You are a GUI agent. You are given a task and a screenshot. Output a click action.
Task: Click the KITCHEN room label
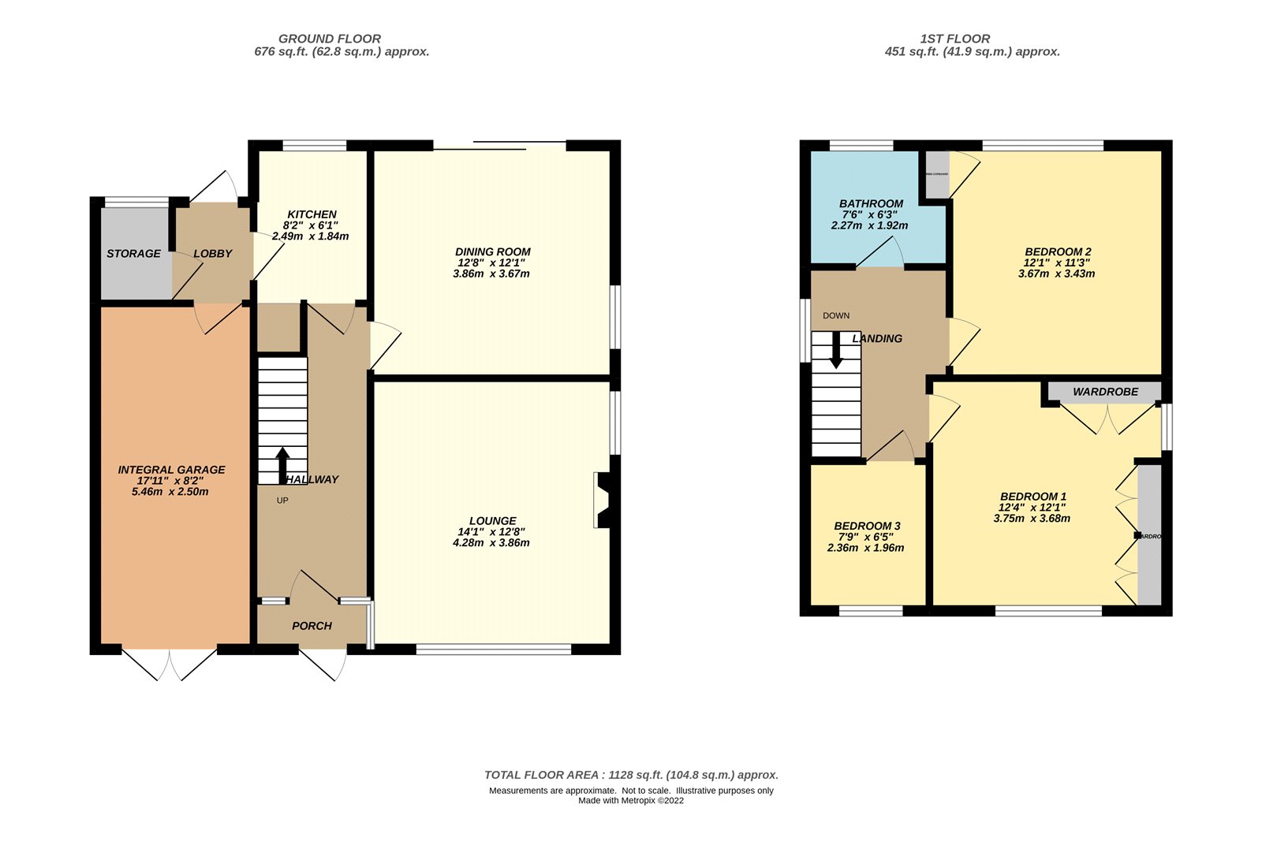(312, 214)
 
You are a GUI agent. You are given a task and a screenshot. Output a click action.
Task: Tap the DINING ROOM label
(492, 252)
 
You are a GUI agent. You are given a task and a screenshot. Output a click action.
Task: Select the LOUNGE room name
(492, 521)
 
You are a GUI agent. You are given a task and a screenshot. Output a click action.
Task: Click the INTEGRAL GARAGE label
(171, 470)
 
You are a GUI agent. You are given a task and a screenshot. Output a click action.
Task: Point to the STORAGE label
(133, 254)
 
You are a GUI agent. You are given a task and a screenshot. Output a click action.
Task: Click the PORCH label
(312, 626)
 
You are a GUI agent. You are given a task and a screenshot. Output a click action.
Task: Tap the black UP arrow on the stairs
(282, 464)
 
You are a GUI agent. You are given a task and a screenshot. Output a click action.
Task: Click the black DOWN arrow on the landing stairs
(836, 352)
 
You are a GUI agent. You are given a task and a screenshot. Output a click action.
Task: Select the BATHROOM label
(871, 203)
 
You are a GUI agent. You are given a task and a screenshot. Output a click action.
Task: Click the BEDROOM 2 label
(1058, 252)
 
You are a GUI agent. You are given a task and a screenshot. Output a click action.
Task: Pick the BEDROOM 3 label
(867, 526)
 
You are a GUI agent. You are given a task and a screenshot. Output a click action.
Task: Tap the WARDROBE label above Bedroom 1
(1105, 392)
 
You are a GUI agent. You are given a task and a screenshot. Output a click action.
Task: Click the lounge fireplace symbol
(603, 500)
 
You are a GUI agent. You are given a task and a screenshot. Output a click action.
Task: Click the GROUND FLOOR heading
(330, 39)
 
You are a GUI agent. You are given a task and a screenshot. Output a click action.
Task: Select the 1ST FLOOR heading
(954, 39)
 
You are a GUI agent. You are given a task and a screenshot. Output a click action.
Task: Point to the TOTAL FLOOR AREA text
(631, 775)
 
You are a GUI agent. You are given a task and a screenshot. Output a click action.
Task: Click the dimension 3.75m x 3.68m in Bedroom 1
(1032, 519)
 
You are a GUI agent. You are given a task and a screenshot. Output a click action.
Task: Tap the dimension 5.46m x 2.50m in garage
(170, 492)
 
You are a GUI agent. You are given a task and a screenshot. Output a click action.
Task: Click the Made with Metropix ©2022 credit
(631, 801)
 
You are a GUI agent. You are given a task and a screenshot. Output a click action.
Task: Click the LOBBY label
(212, 254)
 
